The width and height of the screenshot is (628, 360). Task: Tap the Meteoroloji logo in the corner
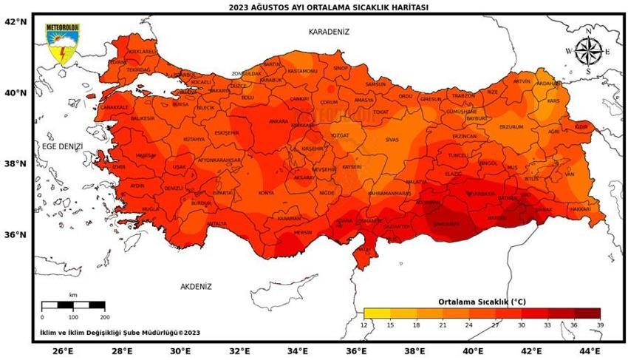[x=63, y=44]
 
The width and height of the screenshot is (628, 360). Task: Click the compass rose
[x=588, y=51]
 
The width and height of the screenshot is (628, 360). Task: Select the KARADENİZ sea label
[x=329, y=32]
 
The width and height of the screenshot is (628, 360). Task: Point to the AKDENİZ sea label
[x=196, y=286]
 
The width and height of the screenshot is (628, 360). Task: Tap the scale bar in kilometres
[x=73, y=305]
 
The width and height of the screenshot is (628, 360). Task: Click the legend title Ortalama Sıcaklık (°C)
[x=482, y=302]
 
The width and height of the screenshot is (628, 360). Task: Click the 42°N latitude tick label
[x=16, y=21]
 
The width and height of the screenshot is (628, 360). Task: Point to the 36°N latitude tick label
[x=16, y=235]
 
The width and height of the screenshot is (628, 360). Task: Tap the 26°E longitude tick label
[x=63, y=350]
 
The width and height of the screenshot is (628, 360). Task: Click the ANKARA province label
[x=279, y=121]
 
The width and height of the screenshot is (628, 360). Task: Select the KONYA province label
[x=266, y=194]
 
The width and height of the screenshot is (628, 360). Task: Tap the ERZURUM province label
[x=511, y=126]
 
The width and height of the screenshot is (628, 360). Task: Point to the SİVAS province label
[x=392, y=140]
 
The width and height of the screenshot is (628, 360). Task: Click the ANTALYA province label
[x=216, y=223]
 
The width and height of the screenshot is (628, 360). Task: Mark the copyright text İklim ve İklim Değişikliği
[x=120, y=333]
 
